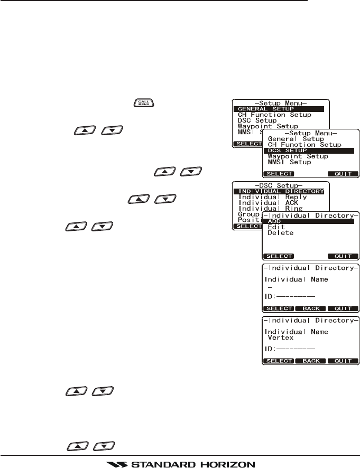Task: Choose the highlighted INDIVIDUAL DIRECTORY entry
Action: coord(281,191)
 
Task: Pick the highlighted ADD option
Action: coord(275,221)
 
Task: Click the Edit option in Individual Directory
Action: coord(276,227)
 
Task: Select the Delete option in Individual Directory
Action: coord(280,233)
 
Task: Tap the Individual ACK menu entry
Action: coord(265,203)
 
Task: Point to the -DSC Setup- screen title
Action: coord(281,185)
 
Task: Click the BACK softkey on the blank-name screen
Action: coord(310,308)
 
